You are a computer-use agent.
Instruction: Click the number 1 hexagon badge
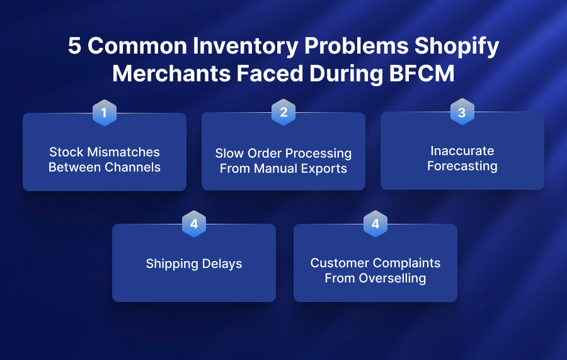pos(104,113)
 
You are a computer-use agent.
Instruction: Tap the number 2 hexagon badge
pos(283,112)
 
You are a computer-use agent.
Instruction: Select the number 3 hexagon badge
pos(462,112)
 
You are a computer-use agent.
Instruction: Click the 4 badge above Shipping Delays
pos(194,224)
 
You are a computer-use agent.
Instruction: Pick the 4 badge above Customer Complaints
pos(375,224)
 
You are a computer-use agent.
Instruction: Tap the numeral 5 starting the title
pos(75,47)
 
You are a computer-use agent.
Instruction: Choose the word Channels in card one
pos(134,167)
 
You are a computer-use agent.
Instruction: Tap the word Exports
pos(324,168)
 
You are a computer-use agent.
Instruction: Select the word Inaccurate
pos(462,151)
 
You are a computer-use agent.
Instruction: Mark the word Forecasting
pos(462,166)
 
